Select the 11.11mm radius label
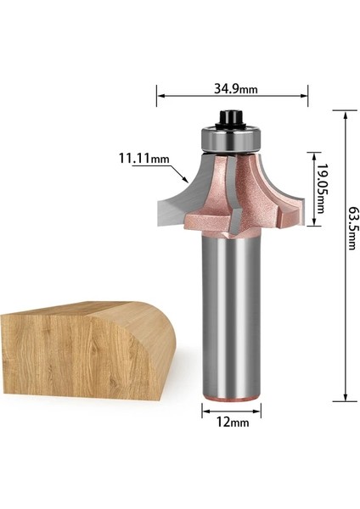143,158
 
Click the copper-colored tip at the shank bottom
230,396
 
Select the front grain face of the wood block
59,356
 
